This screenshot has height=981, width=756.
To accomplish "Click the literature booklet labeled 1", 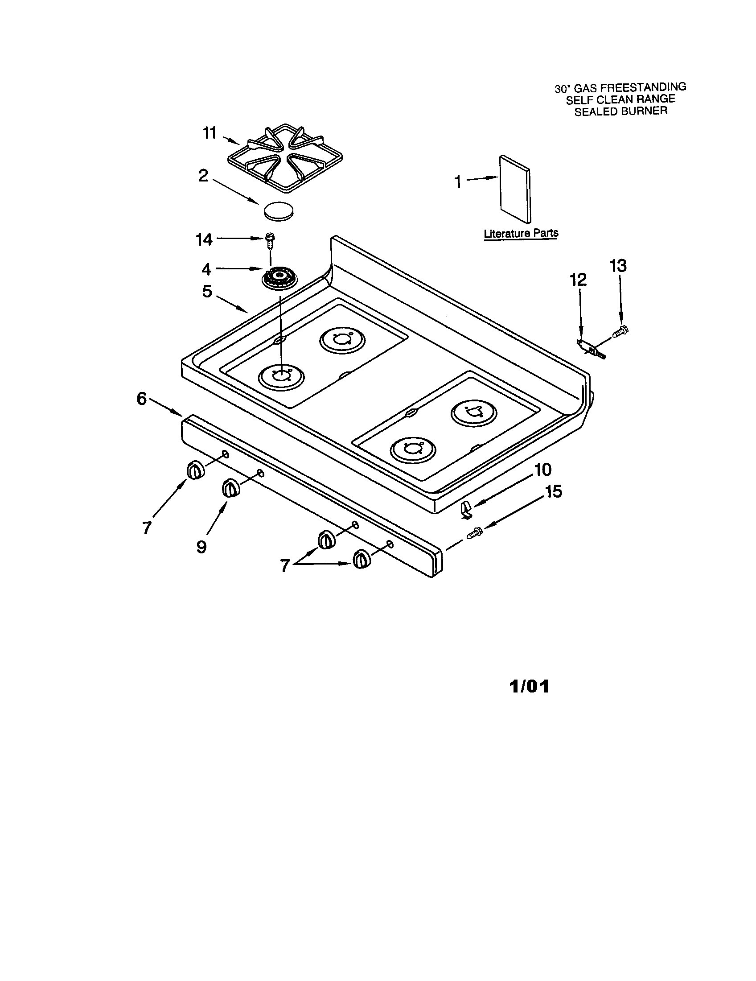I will coord(515,189).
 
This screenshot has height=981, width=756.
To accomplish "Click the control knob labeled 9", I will coord(231,488).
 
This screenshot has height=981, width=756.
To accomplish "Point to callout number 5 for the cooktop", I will coord(206,292).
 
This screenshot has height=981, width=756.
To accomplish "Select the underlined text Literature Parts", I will coord(521,234).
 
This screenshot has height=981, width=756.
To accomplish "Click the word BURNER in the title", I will coord(643,111).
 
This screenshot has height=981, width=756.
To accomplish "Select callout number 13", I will coord(618,266).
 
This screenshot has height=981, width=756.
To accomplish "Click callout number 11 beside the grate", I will coord(210,133).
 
